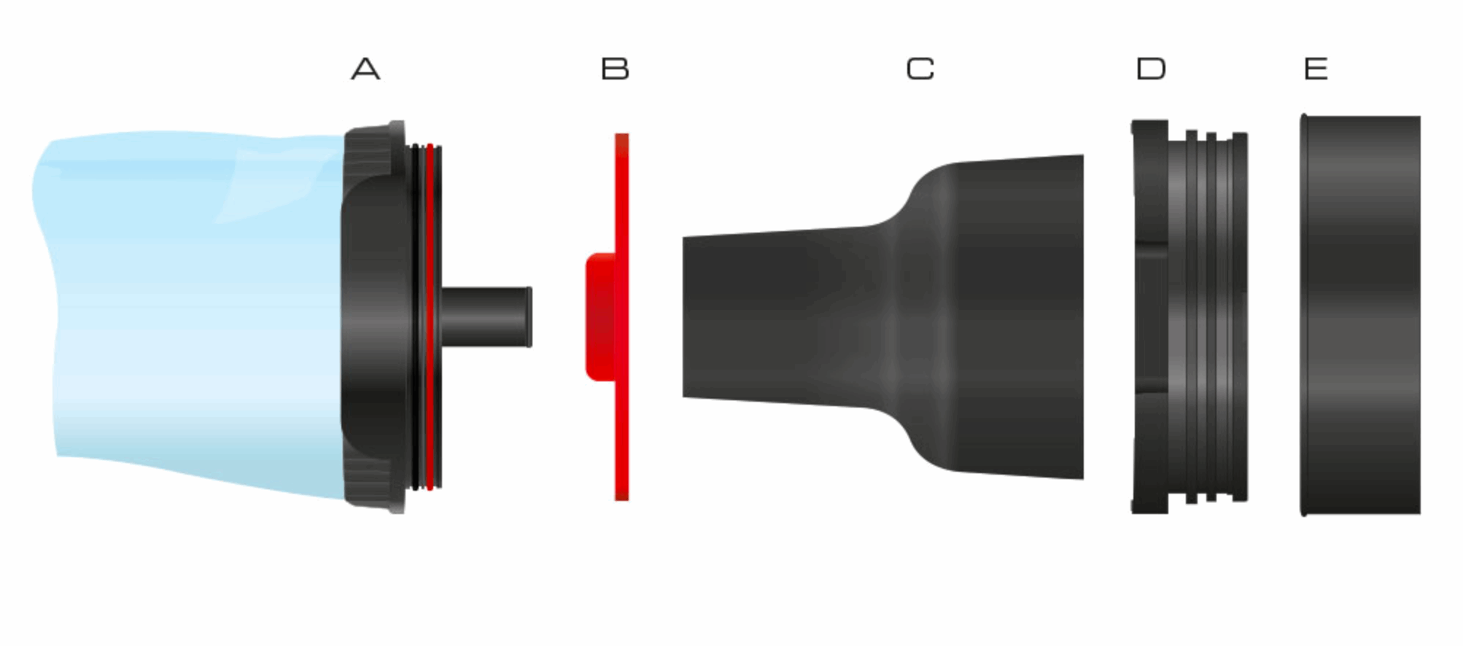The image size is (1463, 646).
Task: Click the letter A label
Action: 365,69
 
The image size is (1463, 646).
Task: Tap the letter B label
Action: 615,69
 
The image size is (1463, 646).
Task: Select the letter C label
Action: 920,69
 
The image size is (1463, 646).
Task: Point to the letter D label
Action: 1151,69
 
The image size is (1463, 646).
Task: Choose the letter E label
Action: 1316,69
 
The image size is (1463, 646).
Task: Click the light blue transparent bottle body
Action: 190,314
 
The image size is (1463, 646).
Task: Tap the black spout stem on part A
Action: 486,317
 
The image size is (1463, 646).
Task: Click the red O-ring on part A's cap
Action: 430,317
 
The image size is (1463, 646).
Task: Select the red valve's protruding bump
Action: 600,317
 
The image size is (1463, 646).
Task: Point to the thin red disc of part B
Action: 621,317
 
